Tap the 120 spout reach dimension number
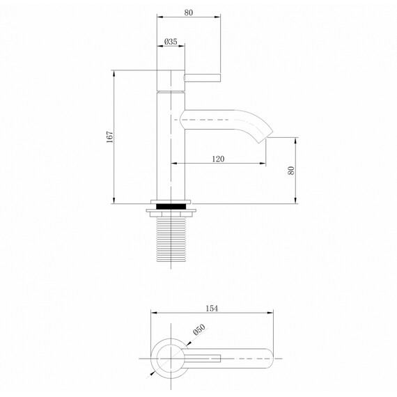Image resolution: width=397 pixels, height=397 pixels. pos(217,159)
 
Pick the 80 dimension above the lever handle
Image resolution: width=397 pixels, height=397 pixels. pos(188,11)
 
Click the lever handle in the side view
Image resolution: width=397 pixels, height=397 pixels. pos(202,77)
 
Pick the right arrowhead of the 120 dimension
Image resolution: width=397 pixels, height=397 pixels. pos(264,164)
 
